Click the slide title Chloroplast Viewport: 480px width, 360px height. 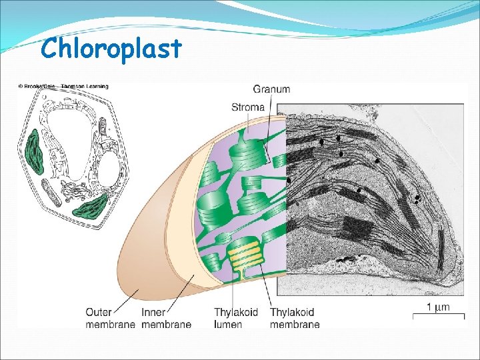click(x=110, y=48)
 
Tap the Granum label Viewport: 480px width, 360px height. click(x=271, y=89)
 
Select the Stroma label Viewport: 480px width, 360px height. click(x=248, y=107)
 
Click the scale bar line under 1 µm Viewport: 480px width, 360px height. click(x=438, y=317)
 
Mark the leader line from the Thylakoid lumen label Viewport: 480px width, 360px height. click(x=233, y=287)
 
